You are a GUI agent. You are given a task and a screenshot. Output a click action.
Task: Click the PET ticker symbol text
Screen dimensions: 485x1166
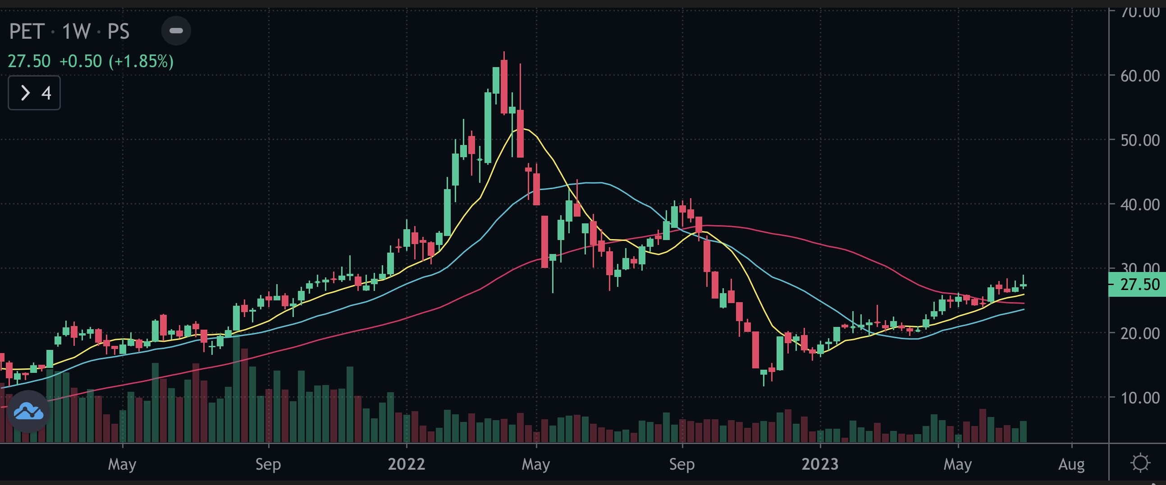tap(26, 32)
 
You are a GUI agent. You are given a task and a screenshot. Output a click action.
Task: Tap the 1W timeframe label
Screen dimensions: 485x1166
tap(76, 32)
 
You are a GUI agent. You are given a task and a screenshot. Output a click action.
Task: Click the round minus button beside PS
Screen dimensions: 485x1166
tap(176, 31)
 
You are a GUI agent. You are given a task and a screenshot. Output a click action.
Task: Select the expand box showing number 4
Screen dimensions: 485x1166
tap(34, 93)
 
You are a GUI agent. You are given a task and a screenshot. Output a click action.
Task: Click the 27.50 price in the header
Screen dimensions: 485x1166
tap(29, 61)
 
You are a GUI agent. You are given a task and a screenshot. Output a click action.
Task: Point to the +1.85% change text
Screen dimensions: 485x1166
tap(141, 61)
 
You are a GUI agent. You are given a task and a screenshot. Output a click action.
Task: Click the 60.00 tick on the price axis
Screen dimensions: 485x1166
tap(1140, 76)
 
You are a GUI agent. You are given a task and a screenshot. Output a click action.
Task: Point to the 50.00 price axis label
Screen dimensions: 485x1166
tap(1140, 140)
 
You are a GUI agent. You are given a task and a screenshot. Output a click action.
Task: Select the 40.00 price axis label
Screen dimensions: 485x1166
tap(1140, 204)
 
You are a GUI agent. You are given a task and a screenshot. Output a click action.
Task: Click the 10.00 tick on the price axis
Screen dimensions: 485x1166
tap(1140, 398)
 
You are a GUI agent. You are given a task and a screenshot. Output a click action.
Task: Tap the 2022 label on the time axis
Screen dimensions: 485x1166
tap(406, 464)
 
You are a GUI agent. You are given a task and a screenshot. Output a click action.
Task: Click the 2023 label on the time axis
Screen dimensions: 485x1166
tap(820, 464)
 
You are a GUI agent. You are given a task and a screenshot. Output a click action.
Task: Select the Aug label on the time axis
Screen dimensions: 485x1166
tap(1071, 464)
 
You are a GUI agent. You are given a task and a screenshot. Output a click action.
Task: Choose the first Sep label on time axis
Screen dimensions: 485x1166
tap(268, 464)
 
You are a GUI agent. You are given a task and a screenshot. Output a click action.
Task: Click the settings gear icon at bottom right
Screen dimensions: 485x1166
tap(1140, 463)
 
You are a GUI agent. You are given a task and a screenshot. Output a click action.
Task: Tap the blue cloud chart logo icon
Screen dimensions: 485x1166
tap(28, 411)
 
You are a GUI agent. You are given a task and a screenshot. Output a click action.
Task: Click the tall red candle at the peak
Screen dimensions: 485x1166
tap(504, 87)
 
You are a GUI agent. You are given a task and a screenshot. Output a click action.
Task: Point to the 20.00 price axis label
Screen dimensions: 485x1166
tap(1140, 333)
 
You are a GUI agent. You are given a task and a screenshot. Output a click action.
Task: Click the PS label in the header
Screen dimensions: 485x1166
tap(118, 32)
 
